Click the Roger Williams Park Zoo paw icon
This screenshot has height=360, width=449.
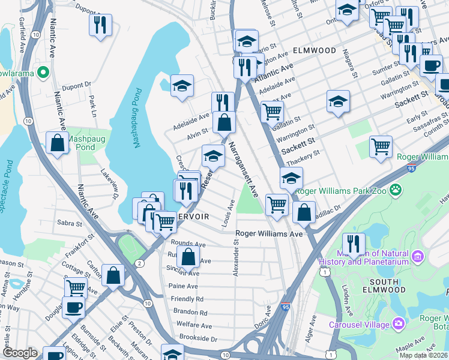395,190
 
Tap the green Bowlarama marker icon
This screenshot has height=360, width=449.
43,73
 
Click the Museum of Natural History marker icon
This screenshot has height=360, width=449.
418,257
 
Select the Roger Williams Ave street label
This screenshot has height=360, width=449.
269,233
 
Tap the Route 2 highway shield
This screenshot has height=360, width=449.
139,263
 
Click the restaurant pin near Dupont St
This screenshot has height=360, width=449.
100,25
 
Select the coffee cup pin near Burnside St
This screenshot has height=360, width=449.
74,307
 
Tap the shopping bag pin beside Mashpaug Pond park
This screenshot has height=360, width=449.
58,143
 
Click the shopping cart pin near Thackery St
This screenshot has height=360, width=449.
381,146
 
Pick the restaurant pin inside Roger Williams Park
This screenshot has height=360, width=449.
354,244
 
